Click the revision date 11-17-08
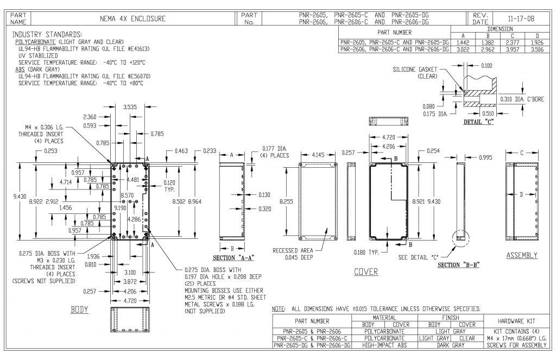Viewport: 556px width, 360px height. [521, 18]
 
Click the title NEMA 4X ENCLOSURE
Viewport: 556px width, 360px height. [132, 18]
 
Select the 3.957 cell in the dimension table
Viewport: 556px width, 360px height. [513, 49]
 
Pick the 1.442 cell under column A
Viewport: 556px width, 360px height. [463, 42]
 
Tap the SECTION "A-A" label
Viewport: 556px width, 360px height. [233, 258]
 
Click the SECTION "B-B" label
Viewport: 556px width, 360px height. [458, 265]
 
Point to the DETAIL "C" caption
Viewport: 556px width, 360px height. [478, 122]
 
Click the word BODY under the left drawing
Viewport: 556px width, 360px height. [79, 310]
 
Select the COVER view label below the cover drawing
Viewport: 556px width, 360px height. [366, 271]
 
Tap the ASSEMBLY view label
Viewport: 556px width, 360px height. [522, 255]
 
